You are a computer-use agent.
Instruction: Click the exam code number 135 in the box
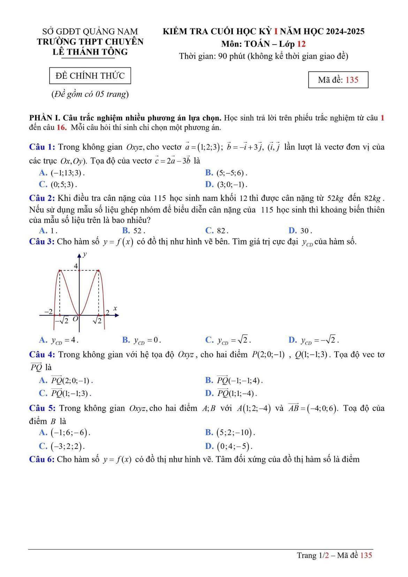pos(352,80)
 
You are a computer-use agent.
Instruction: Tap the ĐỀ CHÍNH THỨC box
pos(90,76)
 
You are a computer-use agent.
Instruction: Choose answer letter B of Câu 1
pos(209,173)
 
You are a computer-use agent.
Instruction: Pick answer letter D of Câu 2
pos(292,231)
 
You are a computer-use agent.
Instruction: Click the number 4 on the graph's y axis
pos(76,267)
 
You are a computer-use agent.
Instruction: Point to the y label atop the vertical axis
pos(85,254)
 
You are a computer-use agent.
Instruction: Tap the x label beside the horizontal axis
pos(115,308)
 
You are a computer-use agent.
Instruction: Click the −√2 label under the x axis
pos(61,320)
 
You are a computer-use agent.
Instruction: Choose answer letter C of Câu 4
pos(43,393)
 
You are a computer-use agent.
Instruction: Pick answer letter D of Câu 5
pos(209,446)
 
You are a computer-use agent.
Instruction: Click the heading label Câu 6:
pos(42,459)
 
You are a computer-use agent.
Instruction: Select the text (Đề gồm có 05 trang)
pos(90,94)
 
